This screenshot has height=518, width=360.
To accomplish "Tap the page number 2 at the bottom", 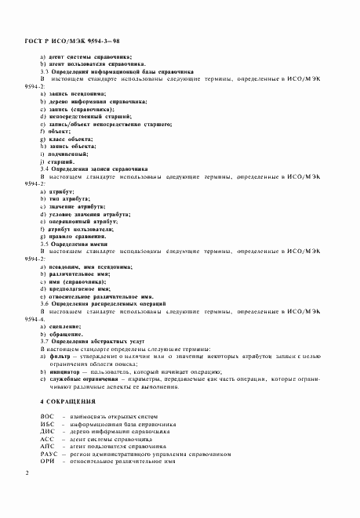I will click(x=27, y=473).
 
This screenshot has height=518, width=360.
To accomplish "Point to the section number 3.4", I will click(x=45, y=169).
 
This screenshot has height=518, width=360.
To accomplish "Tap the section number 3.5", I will click(x=45, y=243).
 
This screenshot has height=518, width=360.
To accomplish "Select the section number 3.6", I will click(x=45, y=303).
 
